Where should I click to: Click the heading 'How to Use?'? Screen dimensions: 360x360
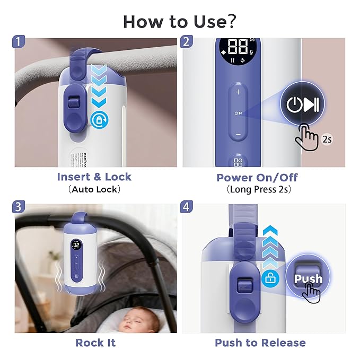pos(180,21)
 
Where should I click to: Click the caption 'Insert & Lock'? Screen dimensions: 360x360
pos(94,177)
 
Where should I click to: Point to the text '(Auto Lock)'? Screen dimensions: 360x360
pos(94,189)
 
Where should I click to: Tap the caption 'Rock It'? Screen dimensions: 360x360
pos(95,343)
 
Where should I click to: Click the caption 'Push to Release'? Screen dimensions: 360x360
pos(260,343)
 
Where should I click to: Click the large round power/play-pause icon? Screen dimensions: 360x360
pos(302,104)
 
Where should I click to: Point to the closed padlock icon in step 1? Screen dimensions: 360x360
pos(98,119)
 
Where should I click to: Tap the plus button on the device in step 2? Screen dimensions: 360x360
pos(238,92)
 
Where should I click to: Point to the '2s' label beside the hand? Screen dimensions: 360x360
pos(327,140)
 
